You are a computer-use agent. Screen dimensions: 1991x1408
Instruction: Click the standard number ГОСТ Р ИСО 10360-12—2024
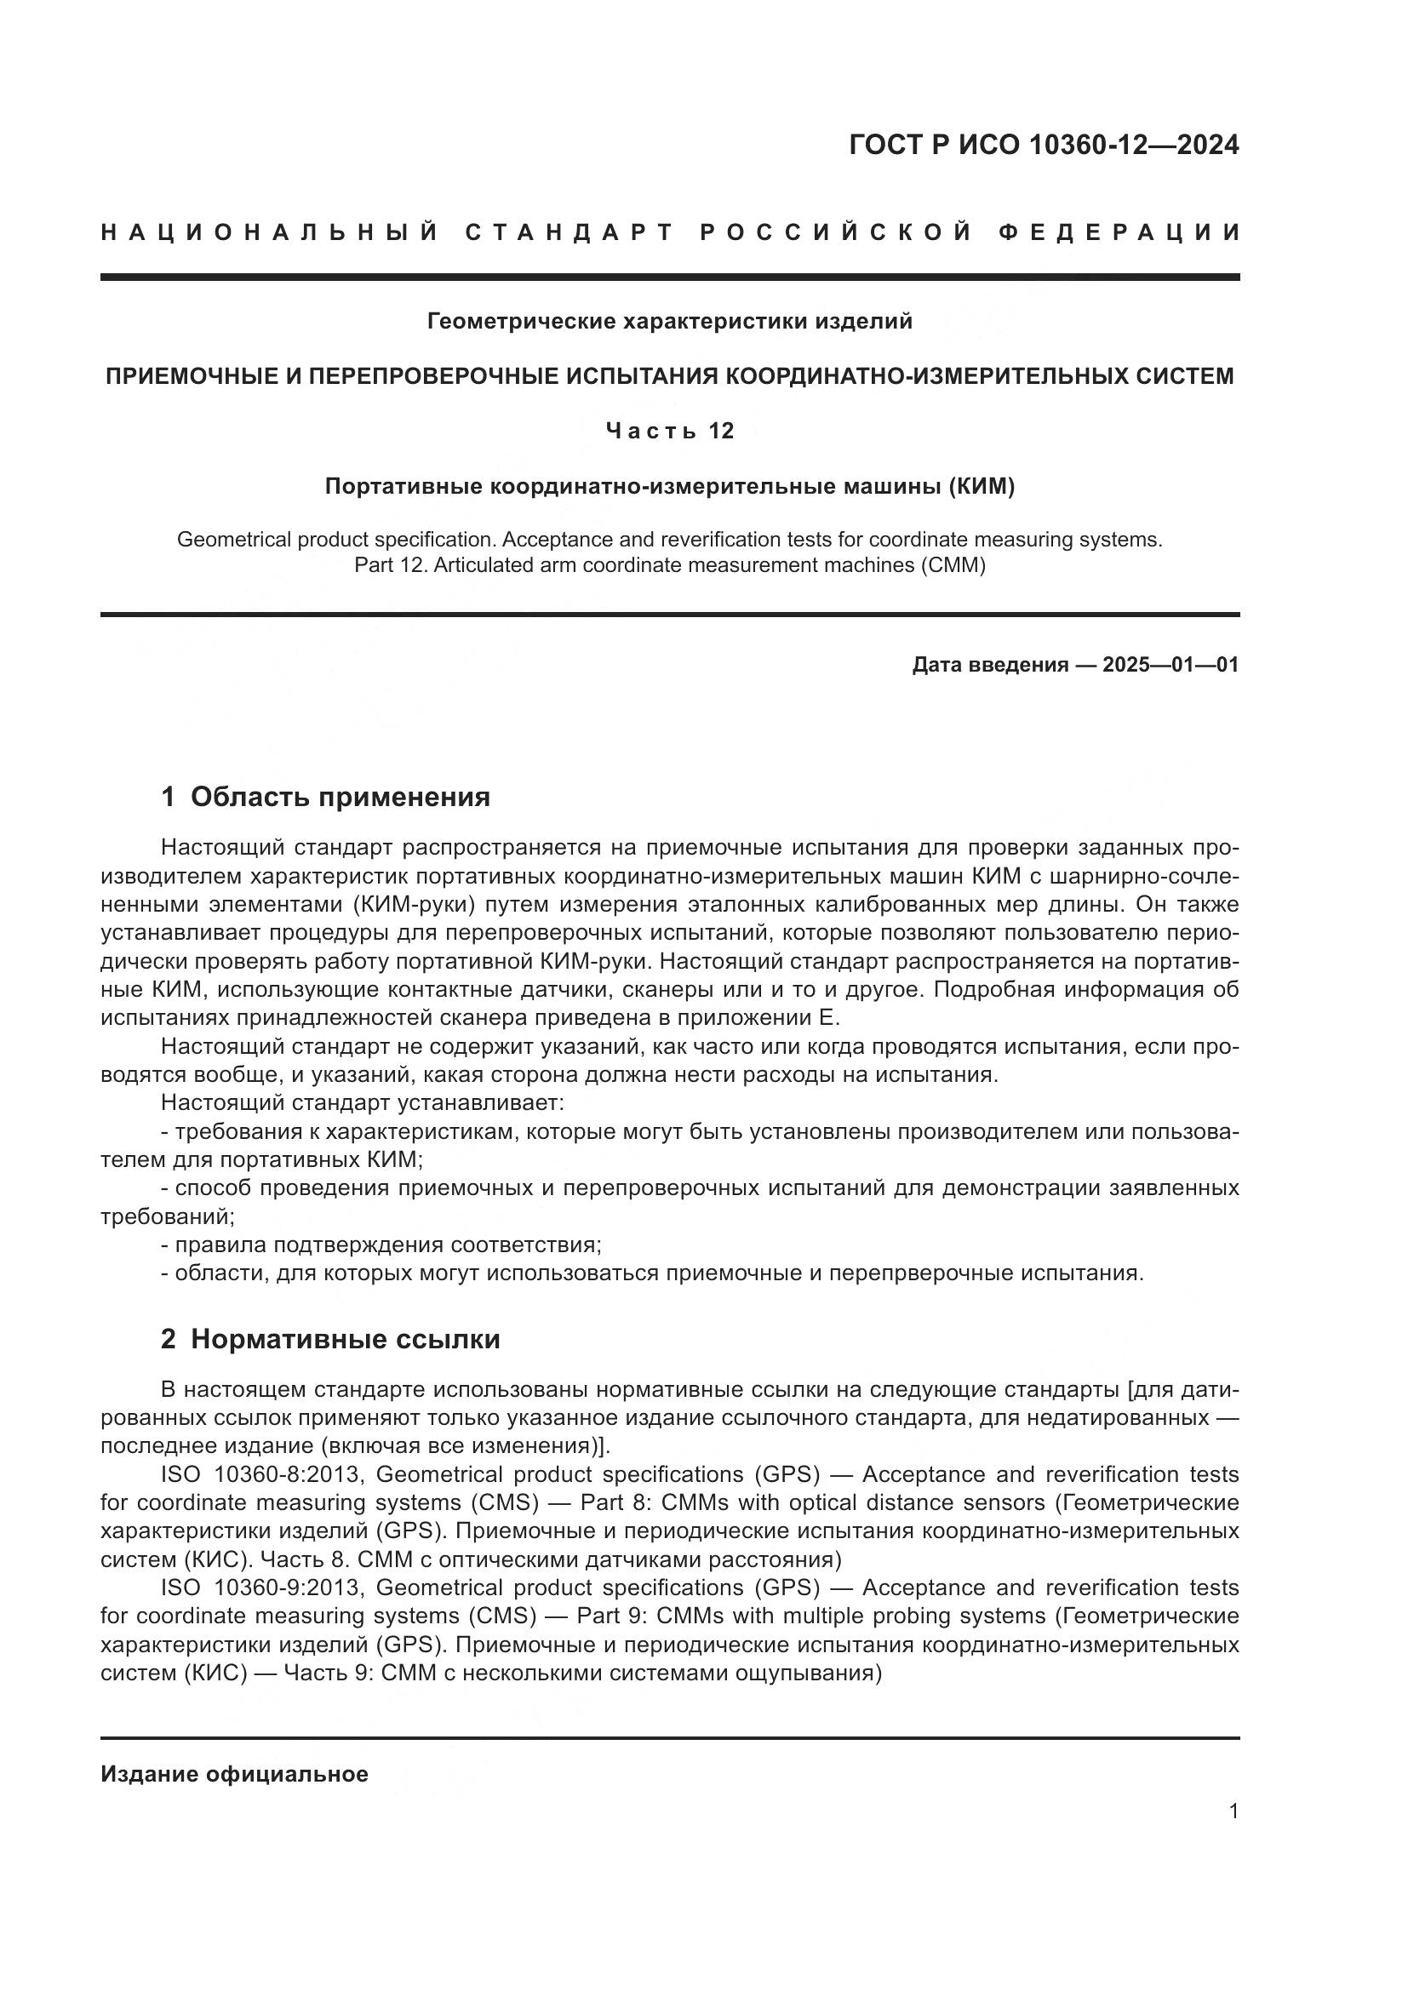click(x=1043, y=146)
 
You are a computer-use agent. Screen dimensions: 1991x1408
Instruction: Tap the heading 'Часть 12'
click(x=669, y=431)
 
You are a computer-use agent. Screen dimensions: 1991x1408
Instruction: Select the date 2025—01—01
click(x=1170, y=665)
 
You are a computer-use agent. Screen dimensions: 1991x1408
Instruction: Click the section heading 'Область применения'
click(x=340, y=797)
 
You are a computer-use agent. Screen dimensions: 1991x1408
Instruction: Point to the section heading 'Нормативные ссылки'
click(x=345, y=1340)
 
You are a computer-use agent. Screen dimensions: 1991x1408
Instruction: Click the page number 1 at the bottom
click(x=1233, y=1811)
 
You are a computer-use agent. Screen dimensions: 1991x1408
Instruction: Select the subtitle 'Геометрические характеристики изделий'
click(x=669, y=322)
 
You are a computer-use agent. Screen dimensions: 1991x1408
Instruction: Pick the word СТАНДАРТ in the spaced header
click(x=569, y=232)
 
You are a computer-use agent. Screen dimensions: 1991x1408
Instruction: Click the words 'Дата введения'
click(x=989, y=665)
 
